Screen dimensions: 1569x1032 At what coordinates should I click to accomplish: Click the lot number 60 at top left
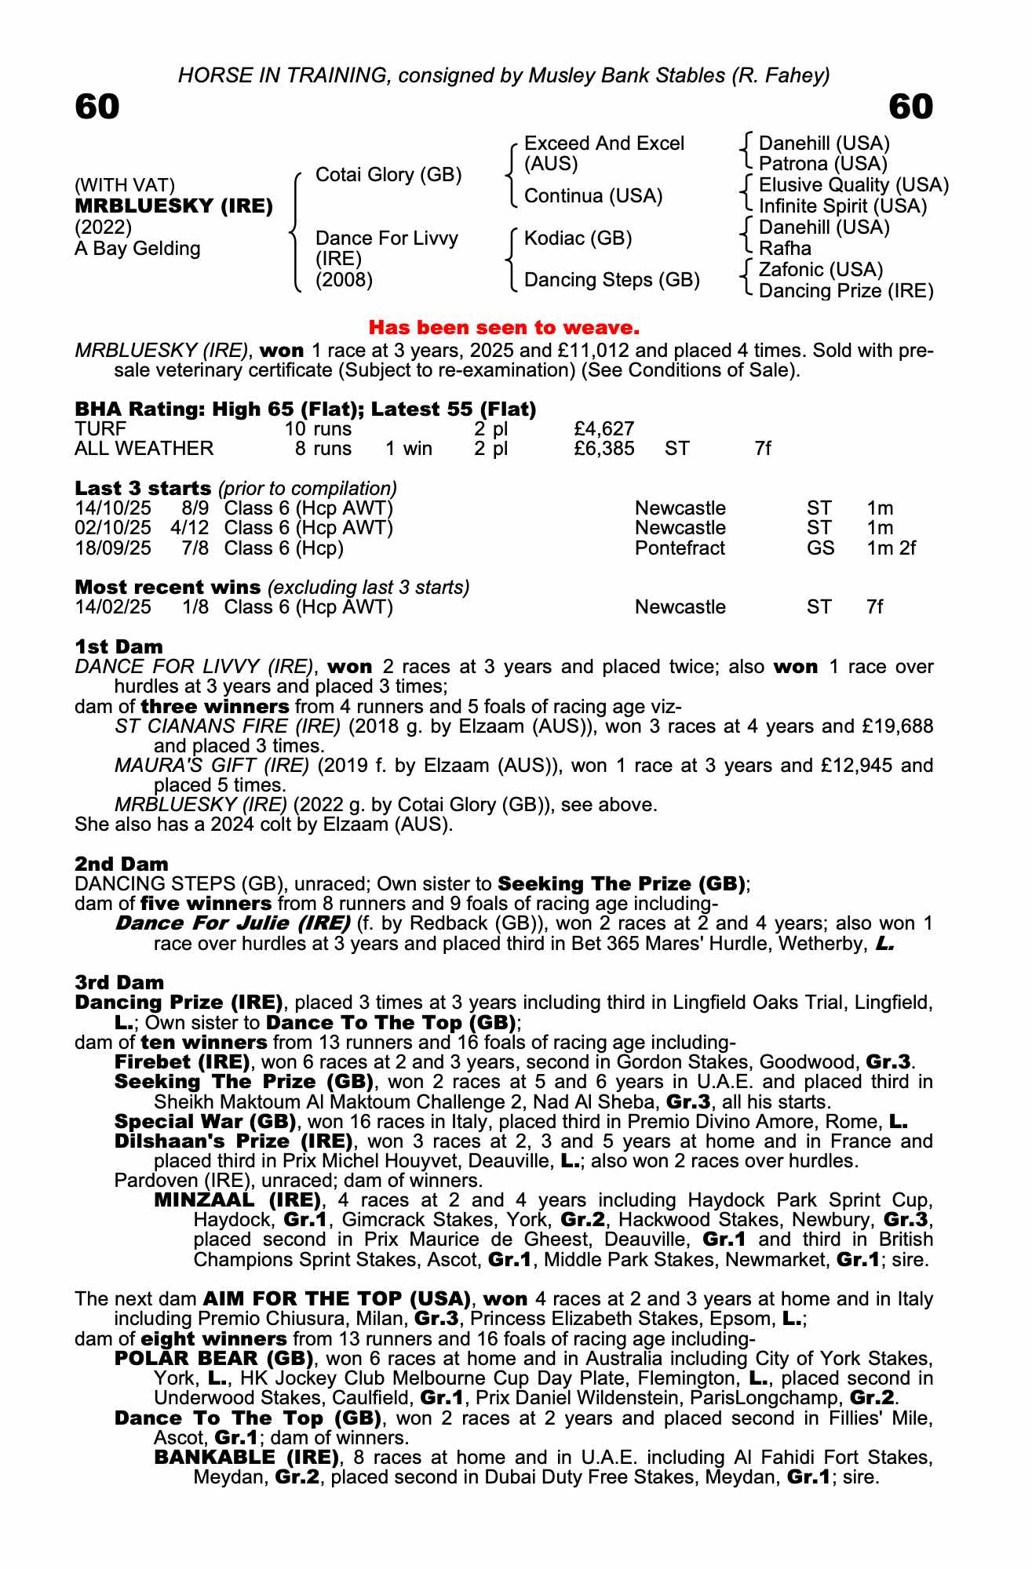pyautogui.click(x=97, y=107)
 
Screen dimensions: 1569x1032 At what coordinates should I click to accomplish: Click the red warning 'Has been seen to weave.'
pyautogui.click(x=504, y=327)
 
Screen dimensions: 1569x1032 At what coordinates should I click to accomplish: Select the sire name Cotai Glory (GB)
pyautogui.click(x=388, y=175)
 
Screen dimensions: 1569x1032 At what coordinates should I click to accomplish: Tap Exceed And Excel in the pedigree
pyautogui.click(x=604, y=144)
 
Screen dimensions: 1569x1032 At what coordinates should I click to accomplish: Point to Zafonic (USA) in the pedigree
pyautogui.click(x=821, y=270)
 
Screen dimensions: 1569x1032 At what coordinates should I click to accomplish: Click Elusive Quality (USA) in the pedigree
pyautogui.click(x=854, y=185)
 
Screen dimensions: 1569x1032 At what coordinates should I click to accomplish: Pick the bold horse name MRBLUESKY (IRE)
pyautogui.click(x=173, y=206)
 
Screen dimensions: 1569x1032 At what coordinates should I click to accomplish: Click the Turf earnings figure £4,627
pyautogui.click(x=604, y=429)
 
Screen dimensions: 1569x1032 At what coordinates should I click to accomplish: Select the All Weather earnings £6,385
pyautogui.click(x=604, y=449)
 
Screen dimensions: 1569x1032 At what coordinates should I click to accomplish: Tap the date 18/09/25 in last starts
pyautogui.click(x=113, y=548)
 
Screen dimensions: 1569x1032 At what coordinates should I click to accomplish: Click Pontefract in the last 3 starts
pyautogui.click(x=680, y=548)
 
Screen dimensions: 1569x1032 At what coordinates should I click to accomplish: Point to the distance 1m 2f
pyautogui.click(x=891, y=548)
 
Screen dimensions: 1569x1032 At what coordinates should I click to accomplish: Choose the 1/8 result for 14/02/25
pyautogui.click(x=195, y=607)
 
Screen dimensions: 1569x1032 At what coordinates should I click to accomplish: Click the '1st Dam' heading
pyautogui.click(x=119, y=647)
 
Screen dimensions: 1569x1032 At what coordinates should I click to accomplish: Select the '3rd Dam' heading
pyautogui.click(x=119, y=983)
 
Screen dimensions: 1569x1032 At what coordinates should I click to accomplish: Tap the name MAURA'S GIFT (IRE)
pyautogui.click(x=211, y=765)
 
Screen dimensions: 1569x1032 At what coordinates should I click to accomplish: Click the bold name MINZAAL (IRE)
pyautogui.click(x=238, y=1200)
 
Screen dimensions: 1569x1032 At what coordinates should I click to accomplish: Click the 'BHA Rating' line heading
pyautogui.click(x=305, y=410)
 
